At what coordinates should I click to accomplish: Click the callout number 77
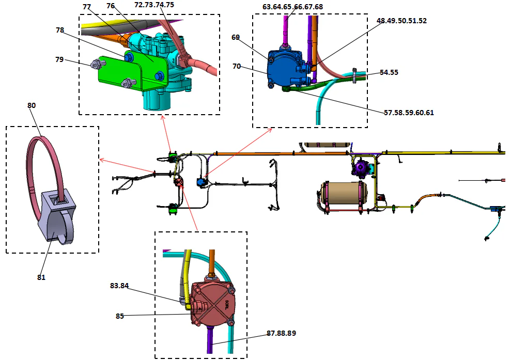coord(87,7)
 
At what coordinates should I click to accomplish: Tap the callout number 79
coord(60,59)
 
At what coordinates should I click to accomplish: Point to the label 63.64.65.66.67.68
coord(292,7)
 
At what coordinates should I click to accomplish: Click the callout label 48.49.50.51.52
coord(401,21)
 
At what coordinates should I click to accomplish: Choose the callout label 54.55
coord(389,73)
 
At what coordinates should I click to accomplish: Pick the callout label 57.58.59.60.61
coord(409,112)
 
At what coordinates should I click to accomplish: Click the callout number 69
coord(236,38)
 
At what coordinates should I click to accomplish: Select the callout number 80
coord(32,105)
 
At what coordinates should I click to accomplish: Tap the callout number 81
coord(41,277)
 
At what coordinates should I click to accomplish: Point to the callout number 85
coord(120,316)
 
